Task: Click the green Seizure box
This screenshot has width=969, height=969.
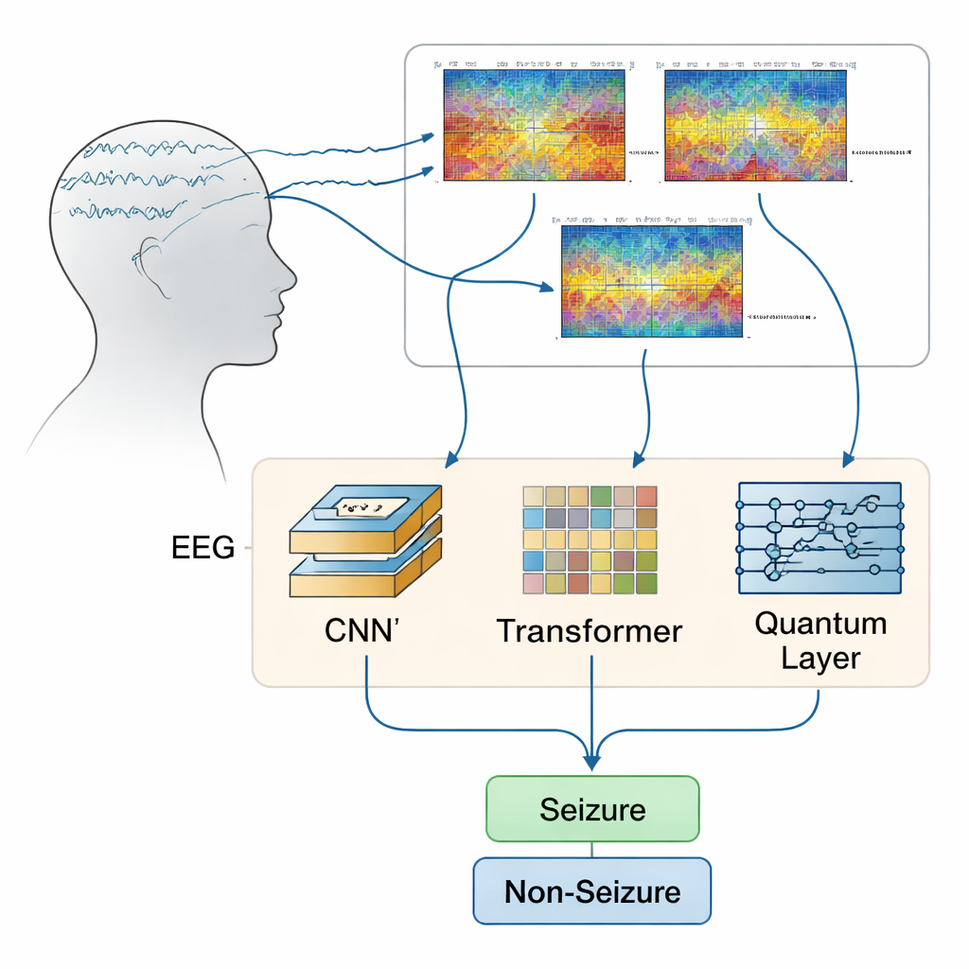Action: click(x=592, y=809)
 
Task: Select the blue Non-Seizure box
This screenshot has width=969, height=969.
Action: click(x=592, y=890)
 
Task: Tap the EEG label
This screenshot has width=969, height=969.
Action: click(x=203, y=547)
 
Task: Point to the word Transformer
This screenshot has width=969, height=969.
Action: click(x=590, y=630)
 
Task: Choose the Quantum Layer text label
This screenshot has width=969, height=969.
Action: click(x=820, y=641)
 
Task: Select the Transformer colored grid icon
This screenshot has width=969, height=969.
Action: click(x=590, y=540)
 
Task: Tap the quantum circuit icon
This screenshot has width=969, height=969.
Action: click(x=819, y=538)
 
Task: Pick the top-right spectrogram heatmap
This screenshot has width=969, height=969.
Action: click(x=755, y=125)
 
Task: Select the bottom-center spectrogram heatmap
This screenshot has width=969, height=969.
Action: click(x=651, y=281)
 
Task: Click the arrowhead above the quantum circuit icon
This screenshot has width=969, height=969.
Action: click(x=848, y=458)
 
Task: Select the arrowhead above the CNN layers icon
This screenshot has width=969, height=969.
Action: click(x=452, y=459)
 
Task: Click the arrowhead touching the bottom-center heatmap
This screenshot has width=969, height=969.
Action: click(x=546, y=287)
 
